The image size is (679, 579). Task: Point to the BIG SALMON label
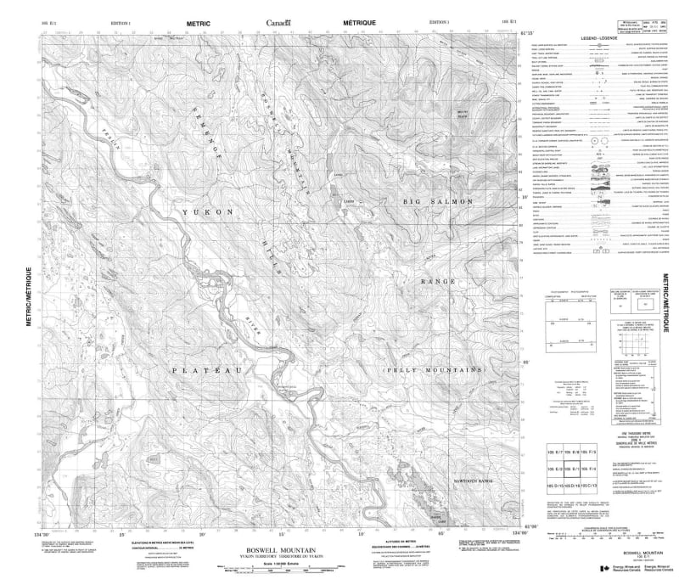tap(430, 201)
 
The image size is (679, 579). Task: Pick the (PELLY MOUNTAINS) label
tap(434, 371)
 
